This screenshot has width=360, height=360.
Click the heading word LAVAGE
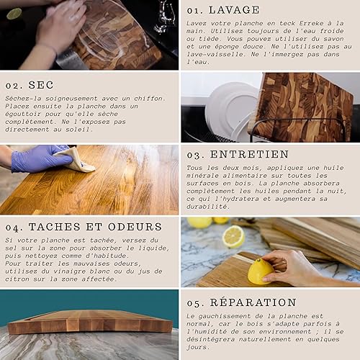pos(234,10)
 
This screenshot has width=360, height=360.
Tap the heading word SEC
pos(41,85)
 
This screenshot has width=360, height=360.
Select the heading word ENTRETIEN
pos(249,154)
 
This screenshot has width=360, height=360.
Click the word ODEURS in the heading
pos(135,227)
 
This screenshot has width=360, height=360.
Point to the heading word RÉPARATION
pos(253,302)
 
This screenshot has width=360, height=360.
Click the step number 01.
pos(194,11)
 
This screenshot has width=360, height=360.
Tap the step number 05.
pos(195,303)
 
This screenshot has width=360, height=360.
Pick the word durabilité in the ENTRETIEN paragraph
pos(207,207)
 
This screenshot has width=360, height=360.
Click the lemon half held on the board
pos(260,271)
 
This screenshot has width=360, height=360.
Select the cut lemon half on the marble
pos(233,237)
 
